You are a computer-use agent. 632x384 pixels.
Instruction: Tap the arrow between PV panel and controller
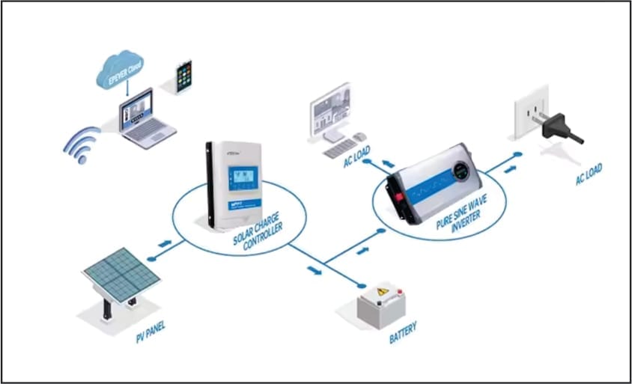click(x=165, y=244)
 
